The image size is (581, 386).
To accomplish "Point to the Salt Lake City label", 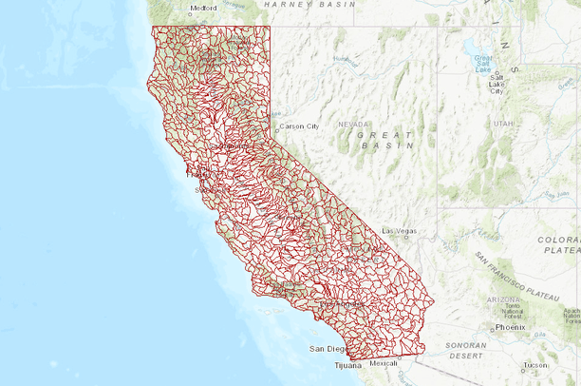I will click(x=497, y=85).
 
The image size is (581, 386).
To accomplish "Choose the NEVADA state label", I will click(x=352, y=124).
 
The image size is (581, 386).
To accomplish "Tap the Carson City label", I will click(x=299, y=126).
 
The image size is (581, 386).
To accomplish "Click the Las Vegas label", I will click(x=400, y=231).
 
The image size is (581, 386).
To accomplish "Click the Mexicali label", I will click(x=383, y=363).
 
